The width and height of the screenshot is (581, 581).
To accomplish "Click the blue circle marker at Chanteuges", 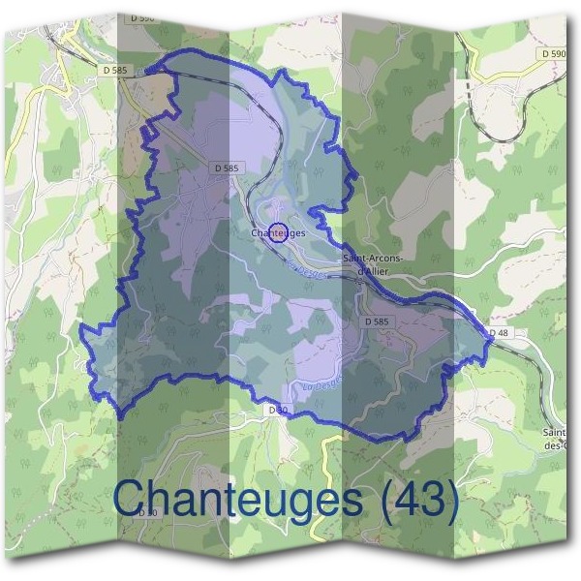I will [278, 232].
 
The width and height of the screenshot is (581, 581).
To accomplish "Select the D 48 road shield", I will [499, 333].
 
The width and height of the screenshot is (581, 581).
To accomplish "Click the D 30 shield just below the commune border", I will [276, 411].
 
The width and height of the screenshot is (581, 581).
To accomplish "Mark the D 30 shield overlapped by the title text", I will [147, 512].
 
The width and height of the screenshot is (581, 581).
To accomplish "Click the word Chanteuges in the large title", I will [238, 500].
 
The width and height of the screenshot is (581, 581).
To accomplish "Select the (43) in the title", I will [417, 500].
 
